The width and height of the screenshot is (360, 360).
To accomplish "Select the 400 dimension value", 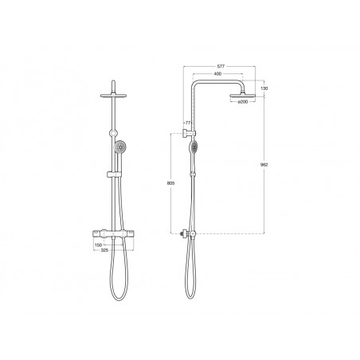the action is click(217, 74).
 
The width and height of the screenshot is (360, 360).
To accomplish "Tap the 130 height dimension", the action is click(264, 88).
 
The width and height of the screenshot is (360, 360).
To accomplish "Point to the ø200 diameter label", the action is click(243, 102).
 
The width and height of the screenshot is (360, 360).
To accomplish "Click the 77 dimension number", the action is click(188, 123).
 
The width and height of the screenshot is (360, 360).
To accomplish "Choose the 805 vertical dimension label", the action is click(170, 183).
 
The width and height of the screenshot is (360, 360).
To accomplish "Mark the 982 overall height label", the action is click(264, 165).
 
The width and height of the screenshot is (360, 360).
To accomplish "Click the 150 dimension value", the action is click(98, 245).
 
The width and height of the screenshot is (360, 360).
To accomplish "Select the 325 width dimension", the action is click(104, 250).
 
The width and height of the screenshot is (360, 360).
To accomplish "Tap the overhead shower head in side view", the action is click(243, 96).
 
